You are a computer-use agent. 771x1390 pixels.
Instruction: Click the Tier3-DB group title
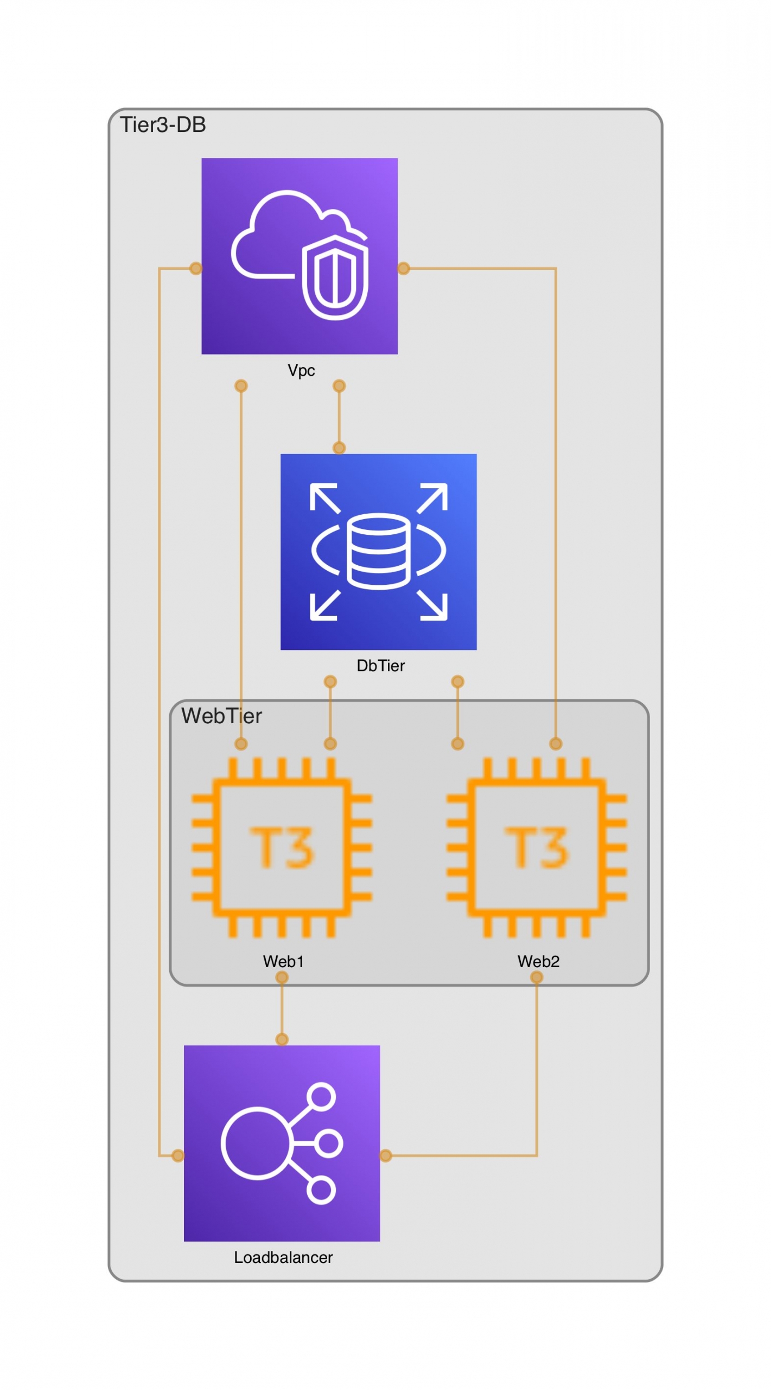163,125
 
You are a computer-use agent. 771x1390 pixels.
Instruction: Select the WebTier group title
221,716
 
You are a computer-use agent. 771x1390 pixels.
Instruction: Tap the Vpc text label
301,371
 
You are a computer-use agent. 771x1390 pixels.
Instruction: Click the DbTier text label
380,666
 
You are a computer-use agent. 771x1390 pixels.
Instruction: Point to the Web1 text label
283,962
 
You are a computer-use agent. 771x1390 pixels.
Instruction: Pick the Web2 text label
538,962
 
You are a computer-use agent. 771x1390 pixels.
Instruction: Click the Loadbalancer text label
283,1258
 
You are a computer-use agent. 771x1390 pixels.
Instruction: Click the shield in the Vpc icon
335,277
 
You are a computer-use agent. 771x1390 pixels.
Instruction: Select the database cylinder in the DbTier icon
378,552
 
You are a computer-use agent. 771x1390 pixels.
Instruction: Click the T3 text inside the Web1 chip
282,847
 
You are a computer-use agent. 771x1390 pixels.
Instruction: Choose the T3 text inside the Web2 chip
537,847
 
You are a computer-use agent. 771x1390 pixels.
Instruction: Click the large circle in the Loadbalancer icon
257,1143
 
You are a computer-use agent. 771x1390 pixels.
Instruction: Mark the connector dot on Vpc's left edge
196,268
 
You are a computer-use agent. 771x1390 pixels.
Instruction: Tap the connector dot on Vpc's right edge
404,268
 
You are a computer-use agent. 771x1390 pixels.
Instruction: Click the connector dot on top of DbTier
339,448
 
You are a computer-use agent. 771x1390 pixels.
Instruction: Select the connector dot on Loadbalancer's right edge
386,1155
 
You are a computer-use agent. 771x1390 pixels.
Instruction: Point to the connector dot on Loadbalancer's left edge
178,1155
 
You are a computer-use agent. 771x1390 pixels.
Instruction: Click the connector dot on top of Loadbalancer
282,1039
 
